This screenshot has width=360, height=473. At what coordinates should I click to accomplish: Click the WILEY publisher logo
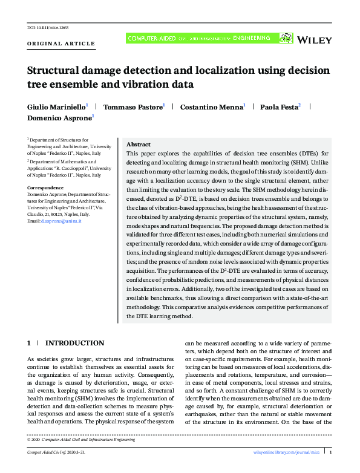tap(316, 41)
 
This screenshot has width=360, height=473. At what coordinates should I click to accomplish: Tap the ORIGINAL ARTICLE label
tap(61, 44)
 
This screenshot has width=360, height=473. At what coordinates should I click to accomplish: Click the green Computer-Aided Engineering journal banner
tap(197, 38)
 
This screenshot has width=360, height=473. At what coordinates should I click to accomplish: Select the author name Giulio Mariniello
tap(56, 106)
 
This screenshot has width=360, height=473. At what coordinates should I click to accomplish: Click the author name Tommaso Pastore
tap(133, 106)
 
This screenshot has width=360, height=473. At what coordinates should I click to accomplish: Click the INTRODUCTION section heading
tap(75, 343)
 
